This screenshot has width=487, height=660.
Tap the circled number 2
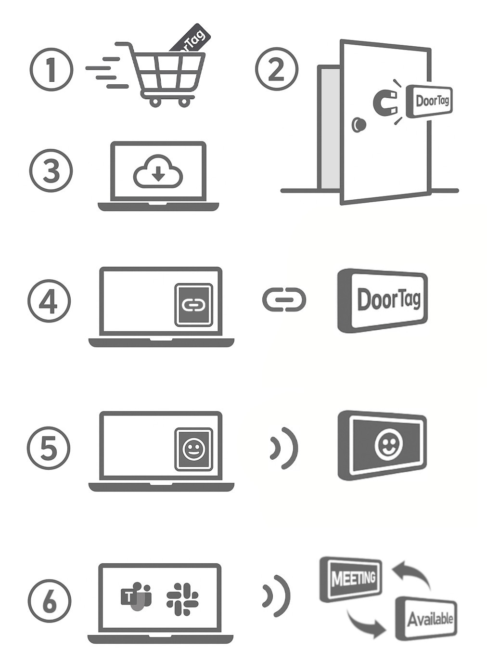point(276,69)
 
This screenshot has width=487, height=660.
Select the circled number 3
point(51,171)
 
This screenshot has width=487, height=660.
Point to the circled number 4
point(49,301)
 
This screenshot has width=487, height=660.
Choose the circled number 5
point(49,448)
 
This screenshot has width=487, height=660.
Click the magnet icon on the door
point(387,102)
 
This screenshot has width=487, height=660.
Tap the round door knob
point(359,125)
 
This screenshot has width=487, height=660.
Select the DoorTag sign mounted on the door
point(429,101)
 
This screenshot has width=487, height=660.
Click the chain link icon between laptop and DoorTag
point(284,299)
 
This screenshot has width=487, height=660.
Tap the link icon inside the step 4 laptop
point(193,305)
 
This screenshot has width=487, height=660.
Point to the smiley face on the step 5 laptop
point(193,449)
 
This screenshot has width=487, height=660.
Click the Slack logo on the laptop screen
point(182,598)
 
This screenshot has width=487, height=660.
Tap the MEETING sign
point(351,578)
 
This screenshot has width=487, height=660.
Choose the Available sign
point(426,618)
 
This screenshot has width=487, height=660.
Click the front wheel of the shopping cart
point(184,102)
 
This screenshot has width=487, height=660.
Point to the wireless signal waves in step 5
point(284,448)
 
